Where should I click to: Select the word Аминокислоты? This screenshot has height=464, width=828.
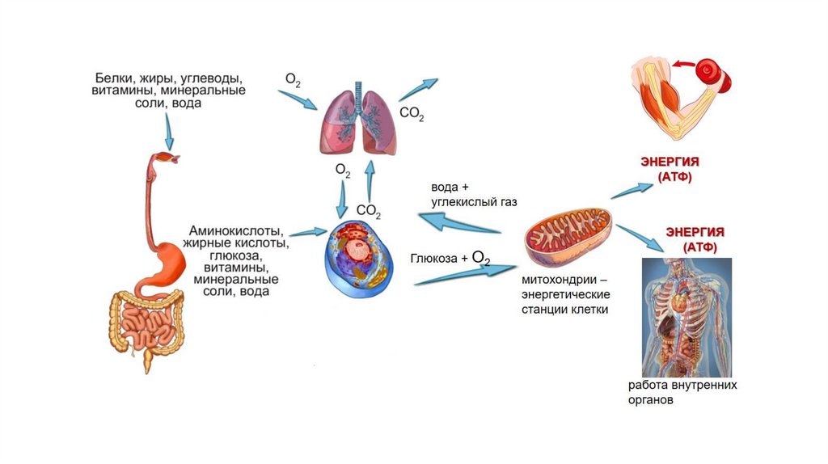tap(236, 230)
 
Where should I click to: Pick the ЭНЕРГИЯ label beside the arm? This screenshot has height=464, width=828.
tap(670, 162)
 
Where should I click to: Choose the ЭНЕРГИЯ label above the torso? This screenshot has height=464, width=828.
tap(695, 231)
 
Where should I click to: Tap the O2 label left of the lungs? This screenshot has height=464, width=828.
tap(293, 80)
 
